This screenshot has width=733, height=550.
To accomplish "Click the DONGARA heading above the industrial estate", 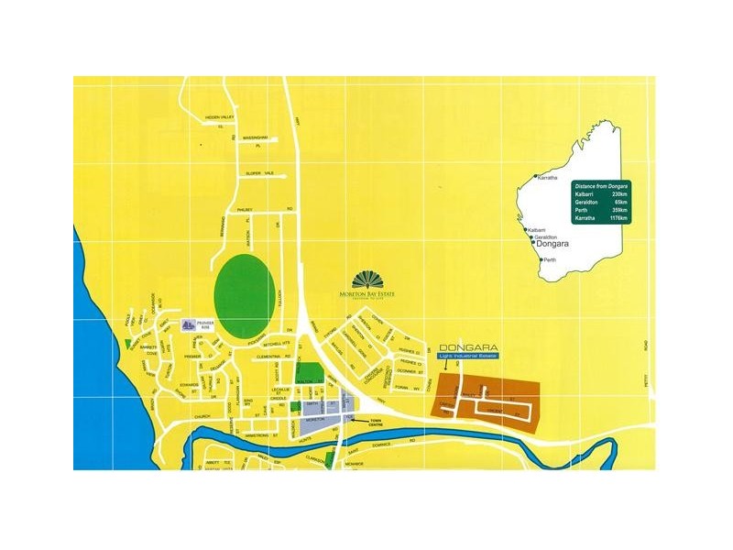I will pyautogui.click(x=468, y=347).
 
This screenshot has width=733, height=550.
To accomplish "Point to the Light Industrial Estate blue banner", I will pyautogui.click(x=467, y=358).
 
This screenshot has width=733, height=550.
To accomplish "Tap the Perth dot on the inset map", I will pyautogui.click(x=541, y=259).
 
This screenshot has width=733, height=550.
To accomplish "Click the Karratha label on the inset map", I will pyautogui.click(x=548, y=177).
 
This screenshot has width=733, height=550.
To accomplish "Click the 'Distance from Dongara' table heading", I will pyautogui.click(x=600, y=186).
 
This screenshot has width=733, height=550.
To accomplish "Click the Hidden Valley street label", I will pyautogui.click(x=220, y=117).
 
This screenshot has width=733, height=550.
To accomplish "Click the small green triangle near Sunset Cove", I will pyautogui.click(x=126, y=342).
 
